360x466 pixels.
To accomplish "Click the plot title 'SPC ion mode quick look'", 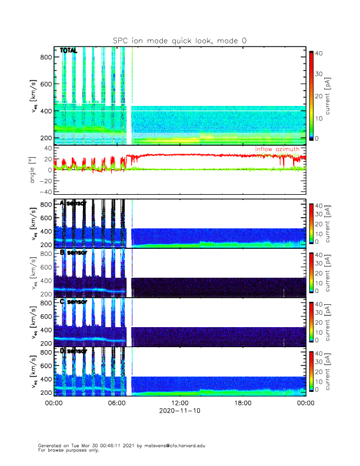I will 180,41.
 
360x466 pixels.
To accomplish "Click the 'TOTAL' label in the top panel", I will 68,51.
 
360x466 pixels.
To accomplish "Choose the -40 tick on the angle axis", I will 44,192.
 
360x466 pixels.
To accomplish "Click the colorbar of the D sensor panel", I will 311,372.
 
